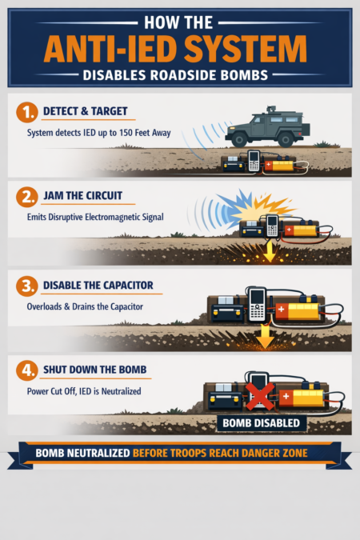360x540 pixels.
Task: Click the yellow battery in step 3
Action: pyautogui.click(x=301, y=307)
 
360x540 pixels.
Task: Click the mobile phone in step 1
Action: pyautogui.click(x=253, y=161)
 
